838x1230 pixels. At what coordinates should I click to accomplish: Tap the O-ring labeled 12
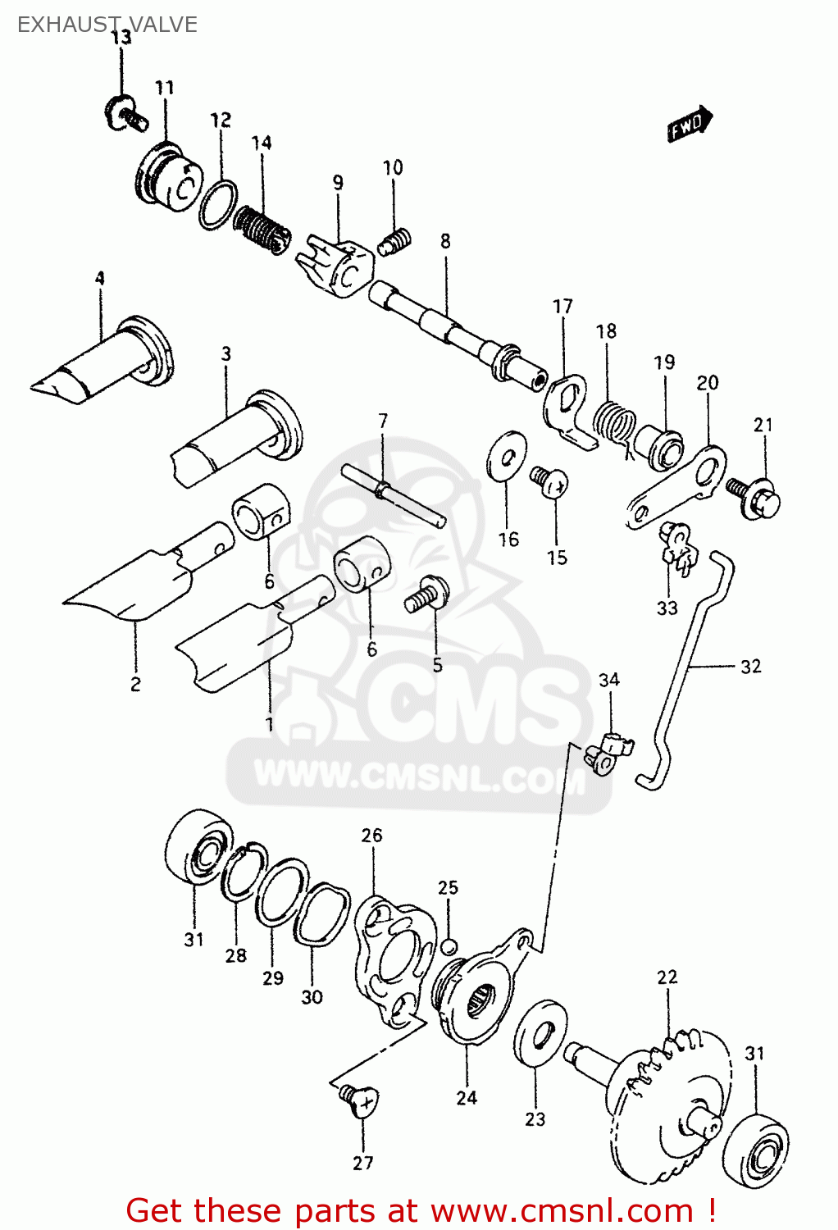click(x=218, y=204)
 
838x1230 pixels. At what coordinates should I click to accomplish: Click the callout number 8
click(x=445, y=241)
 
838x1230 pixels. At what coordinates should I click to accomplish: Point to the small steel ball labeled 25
click(x=448, y=947)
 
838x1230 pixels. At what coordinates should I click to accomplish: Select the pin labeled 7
click(x=393, y=494)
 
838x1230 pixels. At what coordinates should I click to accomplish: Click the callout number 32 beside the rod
click(x=750, y=667)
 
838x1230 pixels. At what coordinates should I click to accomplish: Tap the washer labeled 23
click(x=540, y=1032)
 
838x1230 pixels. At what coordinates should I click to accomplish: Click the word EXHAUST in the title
click(x=62, y=25)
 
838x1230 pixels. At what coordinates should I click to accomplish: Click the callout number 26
click(x=371, y=836)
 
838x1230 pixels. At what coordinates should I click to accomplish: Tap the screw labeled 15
click(x=549, y=481)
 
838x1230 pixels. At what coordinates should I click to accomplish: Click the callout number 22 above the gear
click(x=667, y=977)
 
